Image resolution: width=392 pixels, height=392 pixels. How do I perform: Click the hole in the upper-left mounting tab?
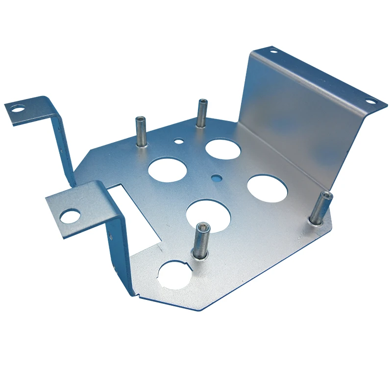(18, 108)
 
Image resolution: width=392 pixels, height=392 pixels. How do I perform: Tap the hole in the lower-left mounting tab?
(70, 216)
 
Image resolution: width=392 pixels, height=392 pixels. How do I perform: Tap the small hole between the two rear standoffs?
(179, 142)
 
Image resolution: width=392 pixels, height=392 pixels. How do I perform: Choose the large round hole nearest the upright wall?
(267, 188)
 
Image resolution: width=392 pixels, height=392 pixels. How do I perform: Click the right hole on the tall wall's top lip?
(370, 101)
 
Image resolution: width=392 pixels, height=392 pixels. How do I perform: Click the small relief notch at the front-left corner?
(139, 295)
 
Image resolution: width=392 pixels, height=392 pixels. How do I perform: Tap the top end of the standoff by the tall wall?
(326, 195)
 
